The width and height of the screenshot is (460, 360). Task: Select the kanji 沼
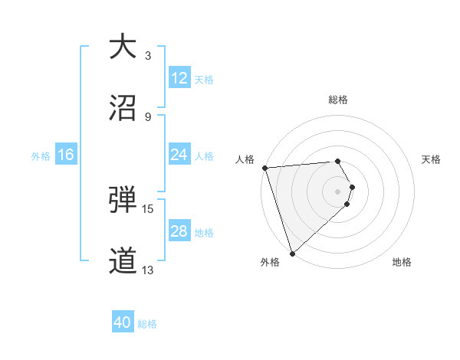click(x=123, y=108)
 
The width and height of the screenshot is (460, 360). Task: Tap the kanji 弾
click(x=123, y=201)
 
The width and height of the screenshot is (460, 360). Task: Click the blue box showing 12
click(x=179, y=78)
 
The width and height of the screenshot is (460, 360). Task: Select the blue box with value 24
click(x=179, y=155)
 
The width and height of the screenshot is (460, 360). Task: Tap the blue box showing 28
click(x=179, y=231)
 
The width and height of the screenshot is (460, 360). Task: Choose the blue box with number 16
click(x=66, y=155)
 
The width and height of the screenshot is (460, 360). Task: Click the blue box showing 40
click(x=123, y=323)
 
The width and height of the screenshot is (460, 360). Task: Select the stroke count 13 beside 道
click(x=148, y=270)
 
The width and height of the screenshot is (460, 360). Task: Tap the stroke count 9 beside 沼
click(x=148, y=116)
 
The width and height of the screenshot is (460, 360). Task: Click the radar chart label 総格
click(x=338, y=100)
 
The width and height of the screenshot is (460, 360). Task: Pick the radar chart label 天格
click(x=432, y=159)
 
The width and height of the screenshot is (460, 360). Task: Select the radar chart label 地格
click(x=402, y=262)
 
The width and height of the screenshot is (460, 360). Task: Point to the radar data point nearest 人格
click(x=264, y=168)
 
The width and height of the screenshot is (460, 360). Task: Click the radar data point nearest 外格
click(x=292, y=253)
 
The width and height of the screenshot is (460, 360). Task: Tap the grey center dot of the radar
click(x=338, y=191)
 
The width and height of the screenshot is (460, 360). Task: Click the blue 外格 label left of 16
click(x=41, y=155)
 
